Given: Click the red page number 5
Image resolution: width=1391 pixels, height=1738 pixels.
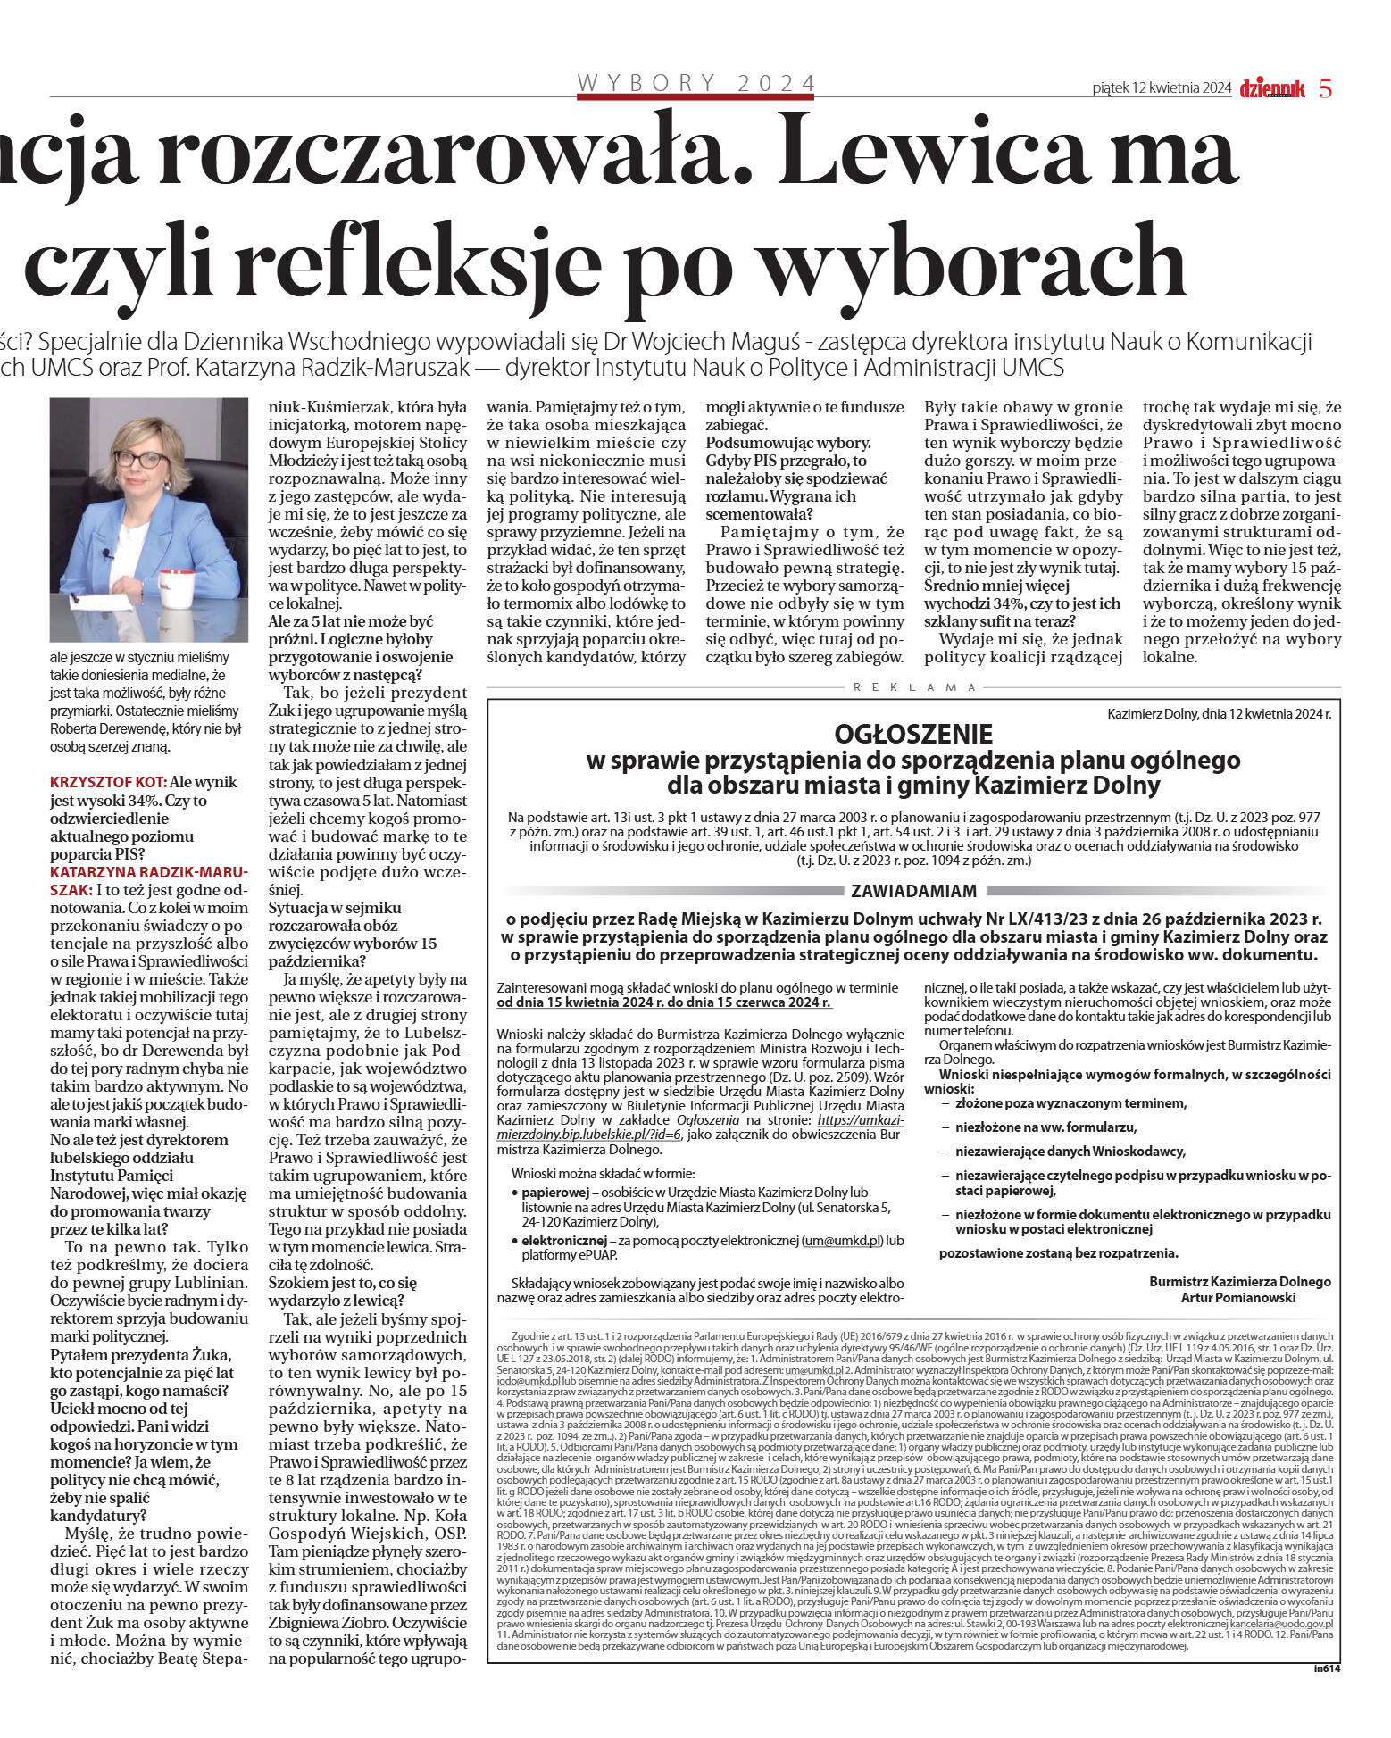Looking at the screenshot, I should click(x=1326, y=88).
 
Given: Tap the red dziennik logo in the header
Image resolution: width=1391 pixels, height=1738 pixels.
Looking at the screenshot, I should click(x=1272, y=88).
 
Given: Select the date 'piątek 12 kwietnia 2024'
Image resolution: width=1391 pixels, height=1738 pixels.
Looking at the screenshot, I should click(x=1162, y=88).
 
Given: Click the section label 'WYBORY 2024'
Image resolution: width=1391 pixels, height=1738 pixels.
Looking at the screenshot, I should click(x=695, y=83).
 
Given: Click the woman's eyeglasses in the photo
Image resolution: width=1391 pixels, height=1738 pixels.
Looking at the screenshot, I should click(x=142, y=460).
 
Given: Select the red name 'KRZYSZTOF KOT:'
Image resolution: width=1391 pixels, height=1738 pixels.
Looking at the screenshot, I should click(x=108, y=782).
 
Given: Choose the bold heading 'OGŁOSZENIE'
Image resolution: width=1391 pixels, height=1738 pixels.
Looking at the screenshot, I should click(x=913, y=734).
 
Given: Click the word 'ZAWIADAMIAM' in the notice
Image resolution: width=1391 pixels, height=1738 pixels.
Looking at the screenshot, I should click(x=913, y=891).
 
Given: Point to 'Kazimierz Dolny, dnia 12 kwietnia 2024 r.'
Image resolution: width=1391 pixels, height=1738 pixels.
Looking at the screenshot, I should click(x=1219, y=714).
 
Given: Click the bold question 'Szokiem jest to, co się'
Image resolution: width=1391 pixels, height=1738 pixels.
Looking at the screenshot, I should click(x=343, y=1283).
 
